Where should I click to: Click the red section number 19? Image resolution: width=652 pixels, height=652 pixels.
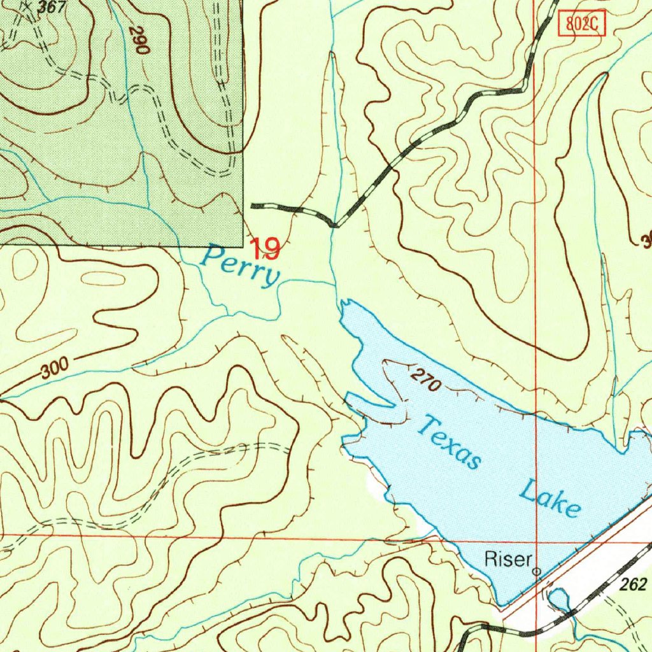(x=264, y=248)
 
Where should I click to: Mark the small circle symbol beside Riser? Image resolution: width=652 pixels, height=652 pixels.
(x=537, y=572)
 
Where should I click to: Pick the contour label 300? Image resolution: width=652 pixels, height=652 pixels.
(x=53, y=368)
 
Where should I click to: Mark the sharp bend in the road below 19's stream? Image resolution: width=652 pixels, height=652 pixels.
(x=336, y=225)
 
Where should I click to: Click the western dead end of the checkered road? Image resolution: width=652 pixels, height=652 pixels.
(x=253, y=206)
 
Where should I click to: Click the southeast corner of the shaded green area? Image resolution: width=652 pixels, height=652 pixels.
(x=243, y=246)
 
